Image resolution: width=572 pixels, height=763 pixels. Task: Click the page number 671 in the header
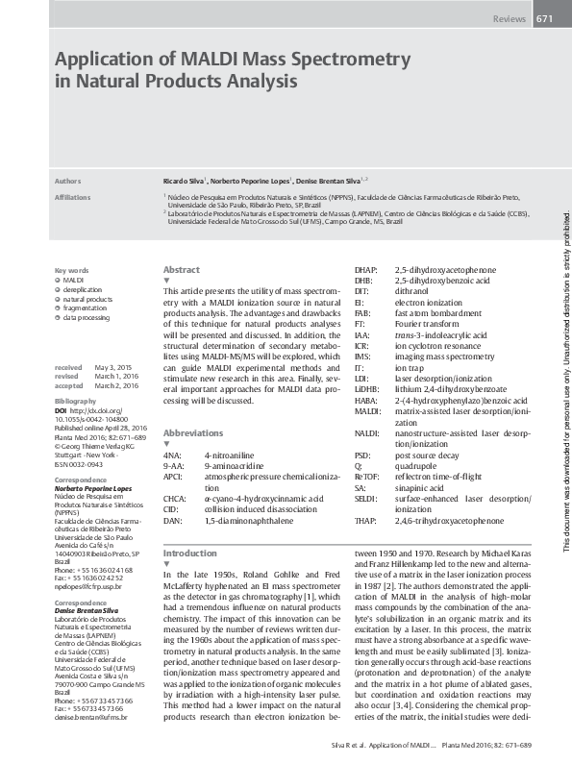pyautogui.click(x=544, y=19)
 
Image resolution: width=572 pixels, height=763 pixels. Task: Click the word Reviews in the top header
pyautogui.click(x=509, y=19)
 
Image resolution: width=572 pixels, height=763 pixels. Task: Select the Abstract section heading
pyautogui.click(x=182, y=270)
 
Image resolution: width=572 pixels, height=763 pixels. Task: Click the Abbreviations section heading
pyautogui.click(x=193, y=433)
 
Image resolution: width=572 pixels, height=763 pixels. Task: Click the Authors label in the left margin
pyautogui.click(x=68, y=180)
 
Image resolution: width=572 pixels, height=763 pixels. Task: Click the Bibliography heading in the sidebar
pyautogui.click(x=76, y=399)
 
